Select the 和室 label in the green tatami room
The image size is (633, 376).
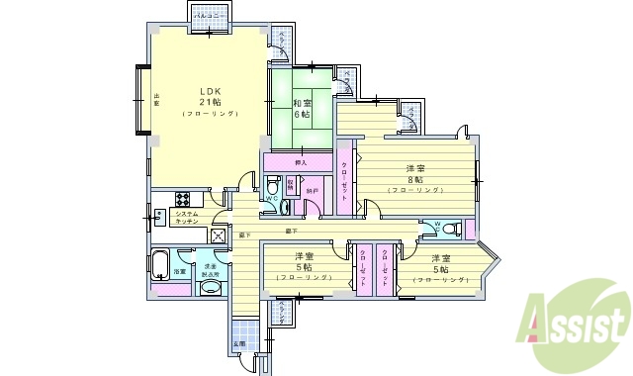click(303, 102)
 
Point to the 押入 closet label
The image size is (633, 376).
click(301, 161)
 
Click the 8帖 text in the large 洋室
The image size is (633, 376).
click(413, 179)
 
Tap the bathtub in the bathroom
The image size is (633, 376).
click(161, 265)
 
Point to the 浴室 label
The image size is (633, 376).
click(180, 271)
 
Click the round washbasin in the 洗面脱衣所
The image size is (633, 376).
click(210, 289)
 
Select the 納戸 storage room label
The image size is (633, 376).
click(312, 189)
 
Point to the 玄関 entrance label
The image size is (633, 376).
click(238, 343)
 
